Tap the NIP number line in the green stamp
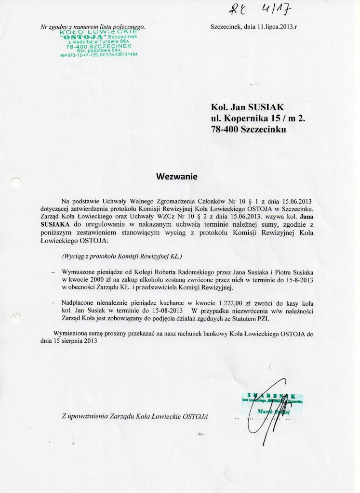(x=99, y=55)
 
